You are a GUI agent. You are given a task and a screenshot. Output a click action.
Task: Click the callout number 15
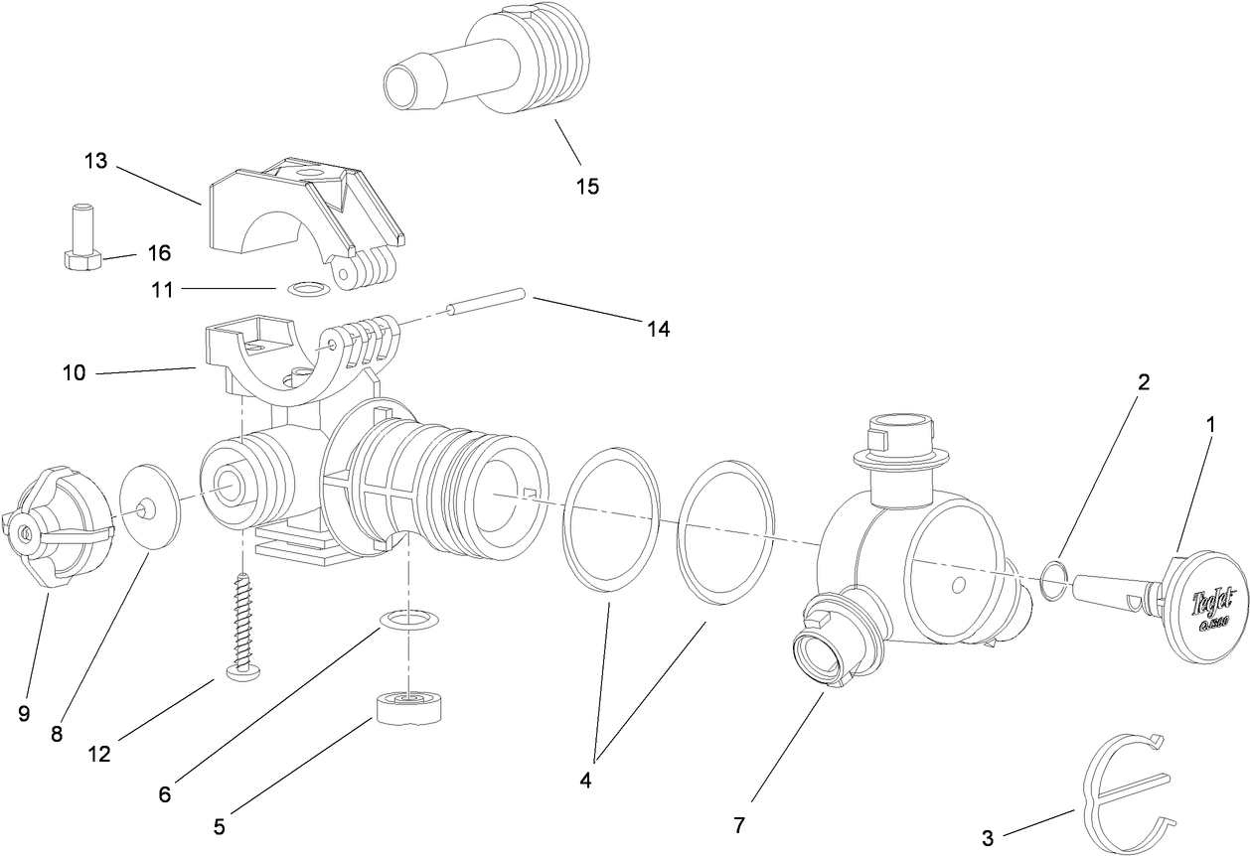click(x=587, y=186)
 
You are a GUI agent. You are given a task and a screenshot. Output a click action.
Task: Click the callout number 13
click(x=95, y=161)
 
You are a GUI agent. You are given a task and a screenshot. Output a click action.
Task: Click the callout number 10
click(x=74, y=373)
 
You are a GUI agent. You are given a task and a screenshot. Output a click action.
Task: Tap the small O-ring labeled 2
click(x=1056, y=581)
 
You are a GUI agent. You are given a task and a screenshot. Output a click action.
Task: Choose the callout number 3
click(x=987, y=838)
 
